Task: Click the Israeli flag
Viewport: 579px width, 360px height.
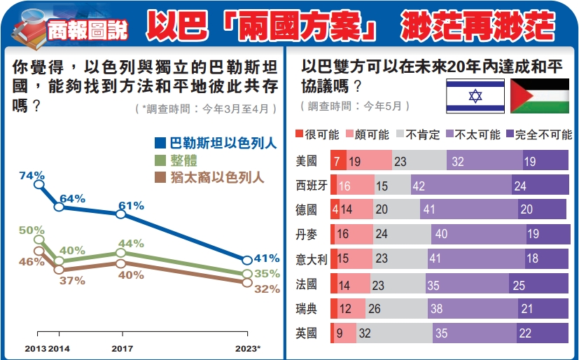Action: tap(475, 96)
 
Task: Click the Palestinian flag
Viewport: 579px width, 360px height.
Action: tap(540, 96)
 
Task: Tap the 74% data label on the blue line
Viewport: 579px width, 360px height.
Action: tap(32, 175)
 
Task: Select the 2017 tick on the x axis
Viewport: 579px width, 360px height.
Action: tap(123, 348)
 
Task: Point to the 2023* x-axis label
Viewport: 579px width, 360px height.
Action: tap(247, 348)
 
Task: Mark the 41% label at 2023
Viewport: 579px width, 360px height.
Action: tap(267, 258)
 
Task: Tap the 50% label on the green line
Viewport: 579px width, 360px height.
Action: tap(32, 230)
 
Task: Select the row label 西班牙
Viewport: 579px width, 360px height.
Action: tap(312, 186)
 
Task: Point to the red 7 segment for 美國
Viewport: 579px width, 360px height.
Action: tap(337, 161)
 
